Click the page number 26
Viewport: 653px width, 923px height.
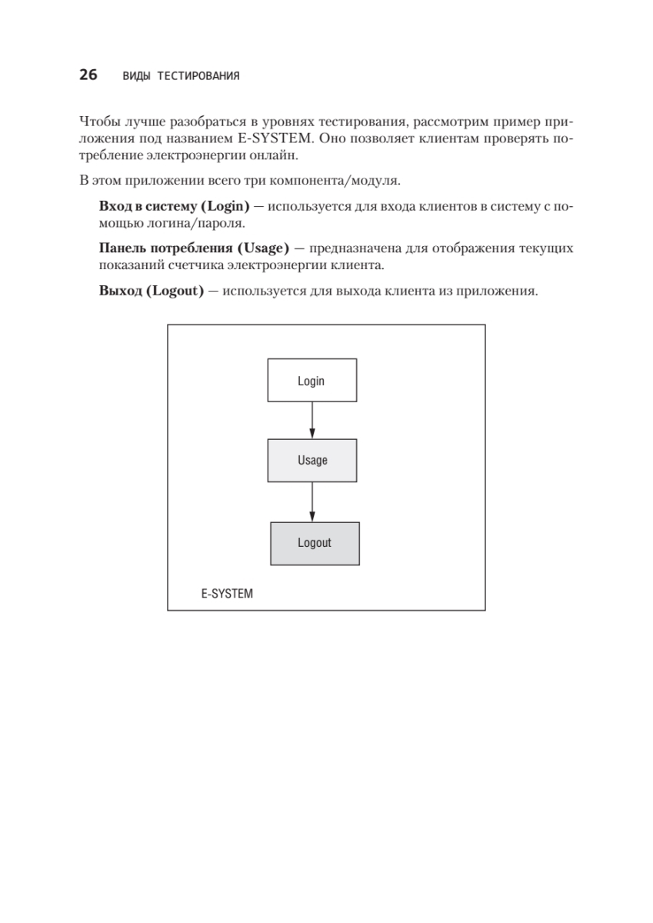tap(88, 75)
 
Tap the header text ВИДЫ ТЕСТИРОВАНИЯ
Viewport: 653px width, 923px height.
tap(181, 76)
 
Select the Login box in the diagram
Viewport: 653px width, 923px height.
tap(312, 380)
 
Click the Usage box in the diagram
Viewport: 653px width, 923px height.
tap(312, 460)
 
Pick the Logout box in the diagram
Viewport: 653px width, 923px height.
tap(315, 543)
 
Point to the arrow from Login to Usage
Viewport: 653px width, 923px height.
tap(312, 420)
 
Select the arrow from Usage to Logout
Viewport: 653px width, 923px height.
tap(312, 501)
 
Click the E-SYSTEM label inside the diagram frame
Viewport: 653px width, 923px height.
tap(227, 594)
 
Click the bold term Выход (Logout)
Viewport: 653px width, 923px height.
tap(152, 293)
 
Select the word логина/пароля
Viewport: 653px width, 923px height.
tap(205, 224)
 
